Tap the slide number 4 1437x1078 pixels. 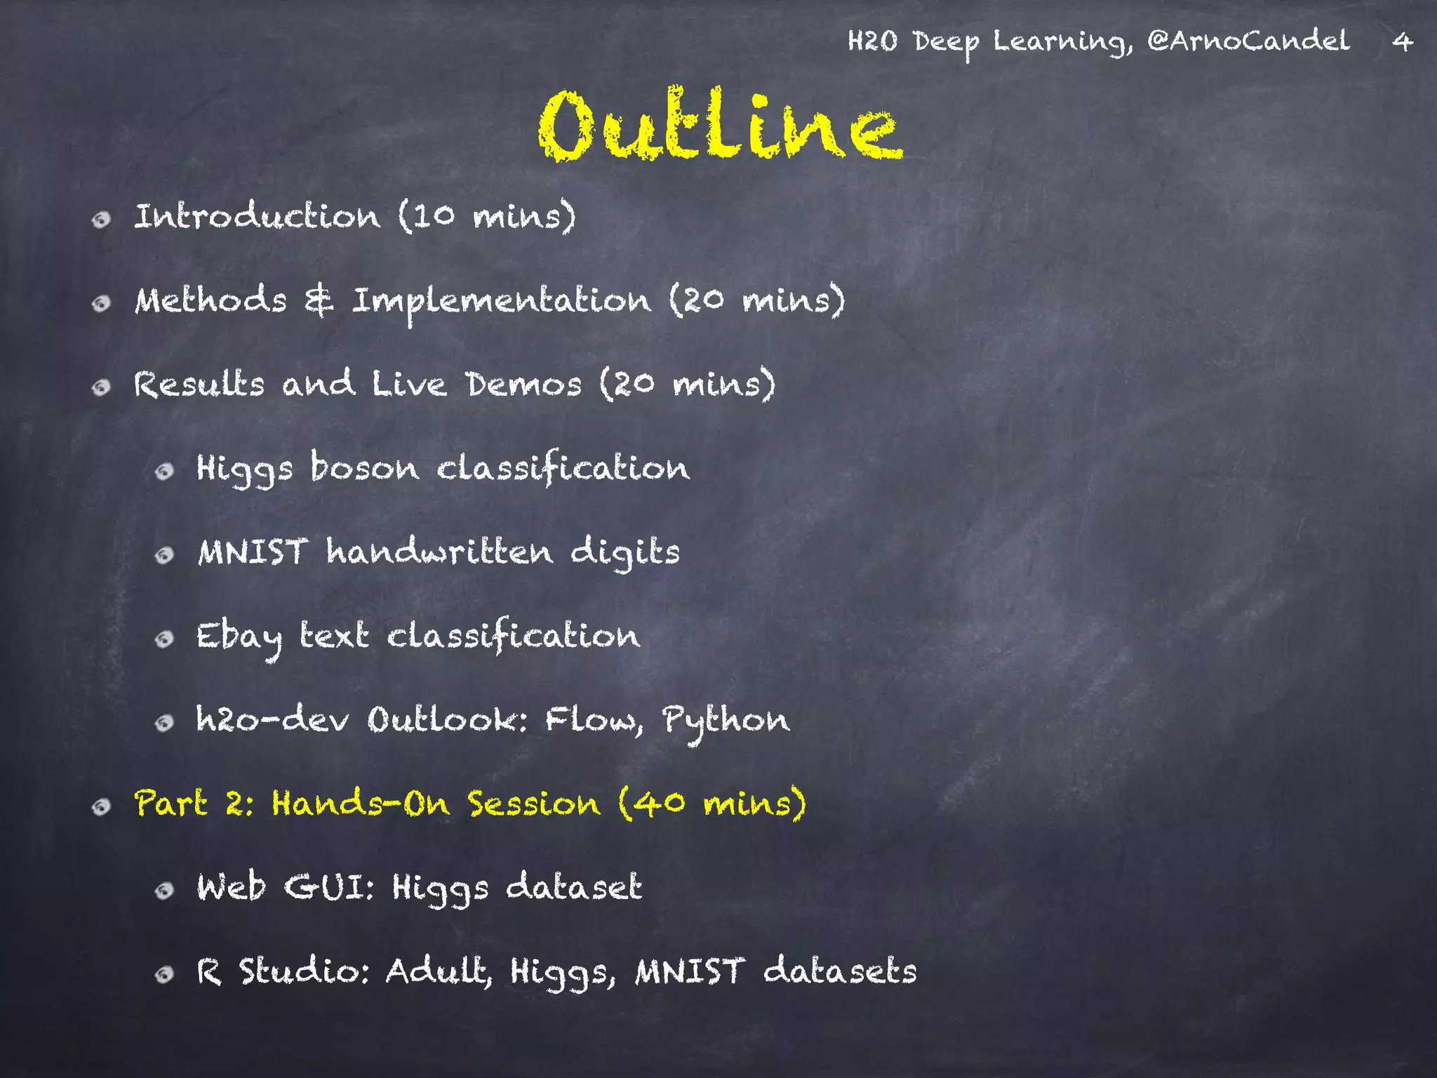[x=1402, y=42]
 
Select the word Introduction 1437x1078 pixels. [x=257, y=216]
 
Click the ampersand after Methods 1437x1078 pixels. [x=319, y=301]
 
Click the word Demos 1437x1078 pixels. [x=524, y=385]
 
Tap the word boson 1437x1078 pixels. [x=364, y=467]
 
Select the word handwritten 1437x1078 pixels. [x=439, y=552]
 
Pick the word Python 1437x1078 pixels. [x=726, y=721]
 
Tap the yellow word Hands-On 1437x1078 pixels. [x=361, y=804]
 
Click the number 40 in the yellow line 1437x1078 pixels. [x=662, y=804]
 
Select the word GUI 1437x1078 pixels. [x=328, y=887]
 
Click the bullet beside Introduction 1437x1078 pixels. [x=102, y=220]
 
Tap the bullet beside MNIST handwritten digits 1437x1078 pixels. [x=164, y=556]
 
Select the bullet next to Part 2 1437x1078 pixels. [x=102, y=807]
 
